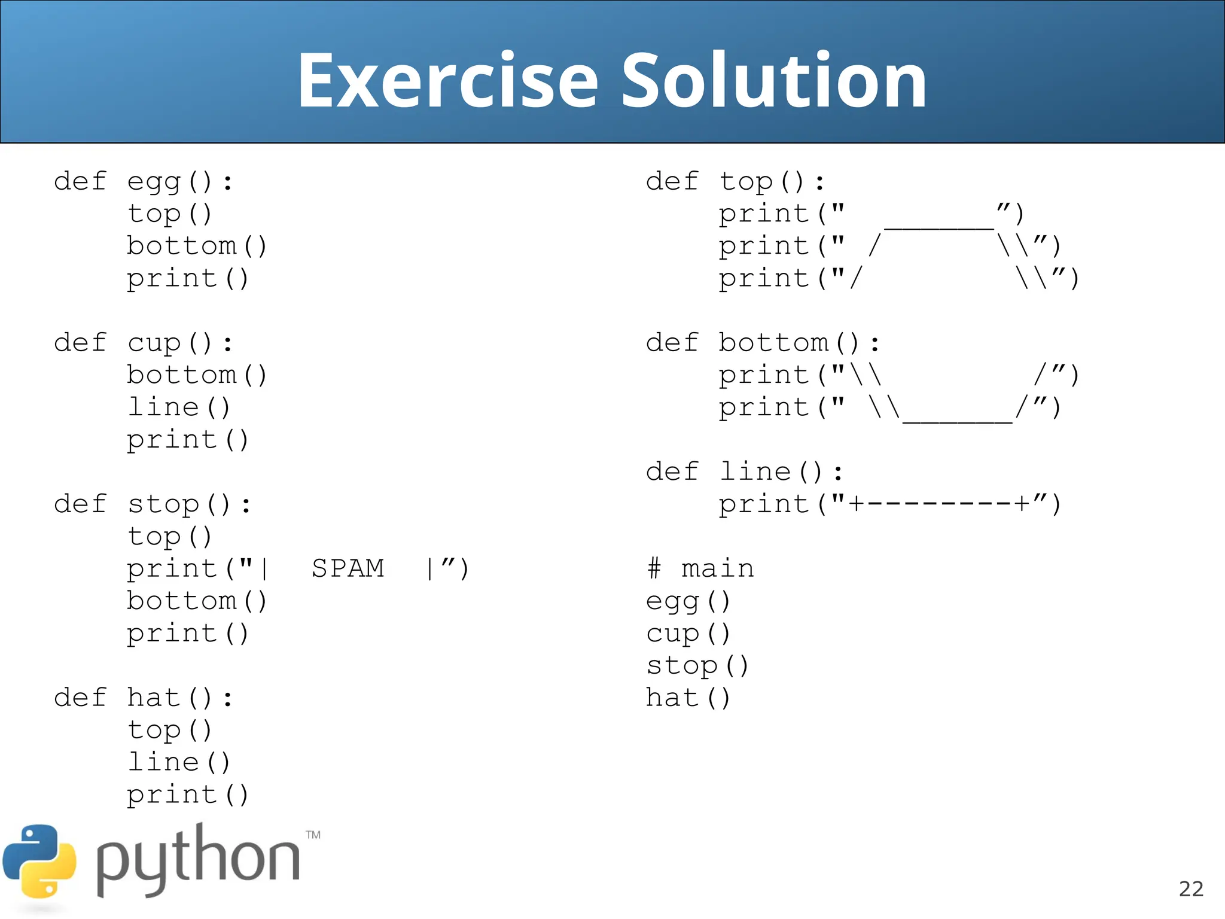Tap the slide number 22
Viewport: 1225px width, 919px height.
tap(1190, 889)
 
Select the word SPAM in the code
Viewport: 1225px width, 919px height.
tap(348, 568)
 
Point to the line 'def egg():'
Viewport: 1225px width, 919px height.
tap(143, 181)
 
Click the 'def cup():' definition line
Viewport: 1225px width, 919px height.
tap(143, 343)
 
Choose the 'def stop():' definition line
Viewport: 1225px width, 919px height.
tap(152, 504)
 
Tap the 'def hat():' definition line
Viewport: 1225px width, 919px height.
tap(143, 698)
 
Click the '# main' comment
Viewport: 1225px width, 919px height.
tap(700, 568)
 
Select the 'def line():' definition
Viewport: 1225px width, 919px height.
tap(744, 471)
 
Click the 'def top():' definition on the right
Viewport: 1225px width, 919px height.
tap(735, 181)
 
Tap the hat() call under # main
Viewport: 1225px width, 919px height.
tap(688, 698)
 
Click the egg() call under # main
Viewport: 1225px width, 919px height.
tap(688, 601)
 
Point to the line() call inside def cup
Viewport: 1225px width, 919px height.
tap(179, 407)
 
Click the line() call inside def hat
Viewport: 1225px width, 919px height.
tap(179, 762)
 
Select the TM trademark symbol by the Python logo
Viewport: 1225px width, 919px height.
tap(313, 835)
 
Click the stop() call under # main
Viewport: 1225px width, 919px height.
tap(697, 665)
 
